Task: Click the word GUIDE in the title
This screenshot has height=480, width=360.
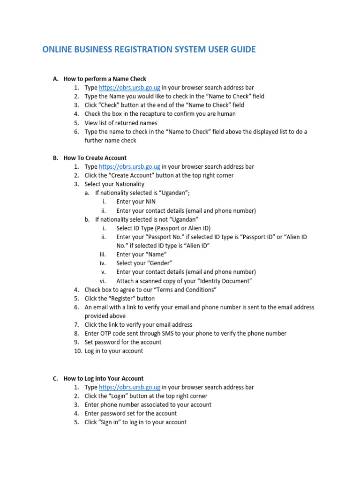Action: [240, 49]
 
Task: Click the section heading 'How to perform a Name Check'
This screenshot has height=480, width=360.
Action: [105, 79]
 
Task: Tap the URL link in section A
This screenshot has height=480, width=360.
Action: [130, 88]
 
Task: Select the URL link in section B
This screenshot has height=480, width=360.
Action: [130, 166]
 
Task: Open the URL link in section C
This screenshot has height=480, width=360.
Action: [130, 387]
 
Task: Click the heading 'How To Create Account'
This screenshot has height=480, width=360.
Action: [95, 158]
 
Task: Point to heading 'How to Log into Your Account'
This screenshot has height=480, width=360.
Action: [104, 378]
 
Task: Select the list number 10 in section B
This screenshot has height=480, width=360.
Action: [78, 351]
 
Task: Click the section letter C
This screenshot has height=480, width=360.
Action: [55, 378]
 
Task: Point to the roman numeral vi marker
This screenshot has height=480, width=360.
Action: [103, 281]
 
